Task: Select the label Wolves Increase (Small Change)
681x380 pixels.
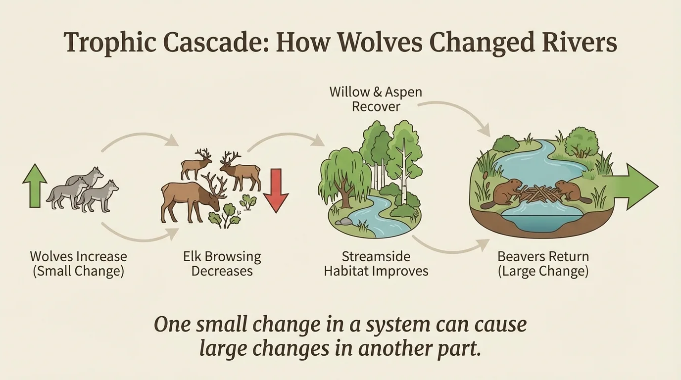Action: (78, 264)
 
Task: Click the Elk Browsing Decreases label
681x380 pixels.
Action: (222, 264)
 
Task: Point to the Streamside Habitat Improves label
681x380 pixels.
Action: (376, 264)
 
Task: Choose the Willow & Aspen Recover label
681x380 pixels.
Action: (376, 99)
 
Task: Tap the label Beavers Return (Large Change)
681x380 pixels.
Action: (543, 264)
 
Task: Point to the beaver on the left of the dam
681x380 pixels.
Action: (504, 191)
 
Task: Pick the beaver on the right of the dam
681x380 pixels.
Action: (568, 191)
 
